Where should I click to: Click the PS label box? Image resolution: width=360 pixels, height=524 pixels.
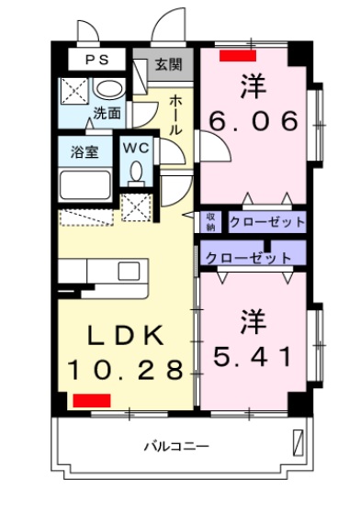[96, 60]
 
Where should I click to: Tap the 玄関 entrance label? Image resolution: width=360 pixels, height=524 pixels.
[169, 64]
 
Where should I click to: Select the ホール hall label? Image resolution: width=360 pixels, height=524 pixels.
[174, 115]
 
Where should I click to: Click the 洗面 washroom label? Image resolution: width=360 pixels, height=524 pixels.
[107, 113]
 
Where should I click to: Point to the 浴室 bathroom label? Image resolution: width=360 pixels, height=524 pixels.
[84, 152]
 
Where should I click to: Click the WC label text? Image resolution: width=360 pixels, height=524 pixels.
[136, 148]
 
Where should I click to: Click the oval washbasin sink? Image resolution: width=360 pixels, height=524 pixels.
[109, 88]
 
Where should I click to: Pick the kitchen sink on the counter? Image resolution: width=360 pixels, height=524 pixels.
[129, 271]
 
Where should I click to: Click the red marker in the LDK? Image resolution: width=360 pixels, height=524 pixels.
[92, 400]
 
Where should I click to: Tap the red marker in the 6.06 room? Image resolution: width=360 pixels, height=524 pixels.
[238, 55]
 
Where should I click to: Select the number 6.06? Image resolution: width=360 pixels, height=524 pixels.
[253, 120]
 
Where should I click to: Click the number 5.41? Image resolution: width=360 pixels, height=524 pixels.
[253, 357]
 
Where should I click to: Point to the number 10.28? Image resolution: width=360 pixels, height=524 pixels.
[126, 370]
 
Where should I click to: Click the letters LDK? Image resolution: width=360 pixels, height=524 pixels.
[126, 335]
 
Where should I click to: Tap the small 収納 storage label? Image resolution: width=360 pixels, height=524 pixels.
[211, 222]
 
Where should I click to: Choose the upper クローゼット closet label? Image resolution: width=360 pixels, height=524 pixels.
[267, 222]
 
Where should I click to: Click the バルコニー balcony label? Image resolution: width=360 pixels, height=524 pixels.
[176, 447]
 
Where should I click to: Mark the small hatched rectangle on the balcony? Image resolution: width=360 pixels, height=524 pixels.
[298, 443]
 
